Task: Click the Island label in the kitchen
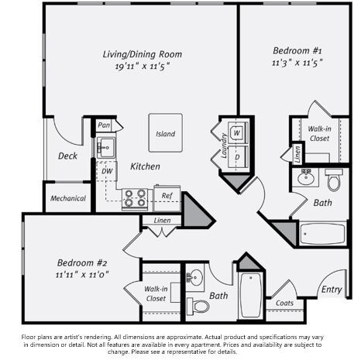(165, 134)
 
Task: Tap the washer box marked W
(236, 132)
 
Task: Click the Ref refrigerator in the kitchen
(167, 197)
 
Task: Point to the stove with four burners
(135, 199)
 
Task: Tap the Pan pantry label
(104, 125)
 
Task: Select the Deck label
(67, 156)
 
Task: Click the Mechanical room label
(68, 198)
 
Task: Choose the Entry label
(332, 290)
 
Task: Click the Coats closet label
(284, 303)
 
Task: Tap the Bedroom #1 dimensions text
(297, 60)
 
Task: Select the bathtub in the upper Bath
(324, 233)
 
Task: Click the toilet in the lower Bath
(199, 306)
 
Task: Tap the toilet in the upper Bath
(334, 181)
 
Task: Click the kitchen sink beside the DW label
(104, 146)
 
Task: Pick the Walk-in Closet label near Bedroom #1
(319, 133)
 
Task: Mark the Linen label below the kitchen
(162, 221)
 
